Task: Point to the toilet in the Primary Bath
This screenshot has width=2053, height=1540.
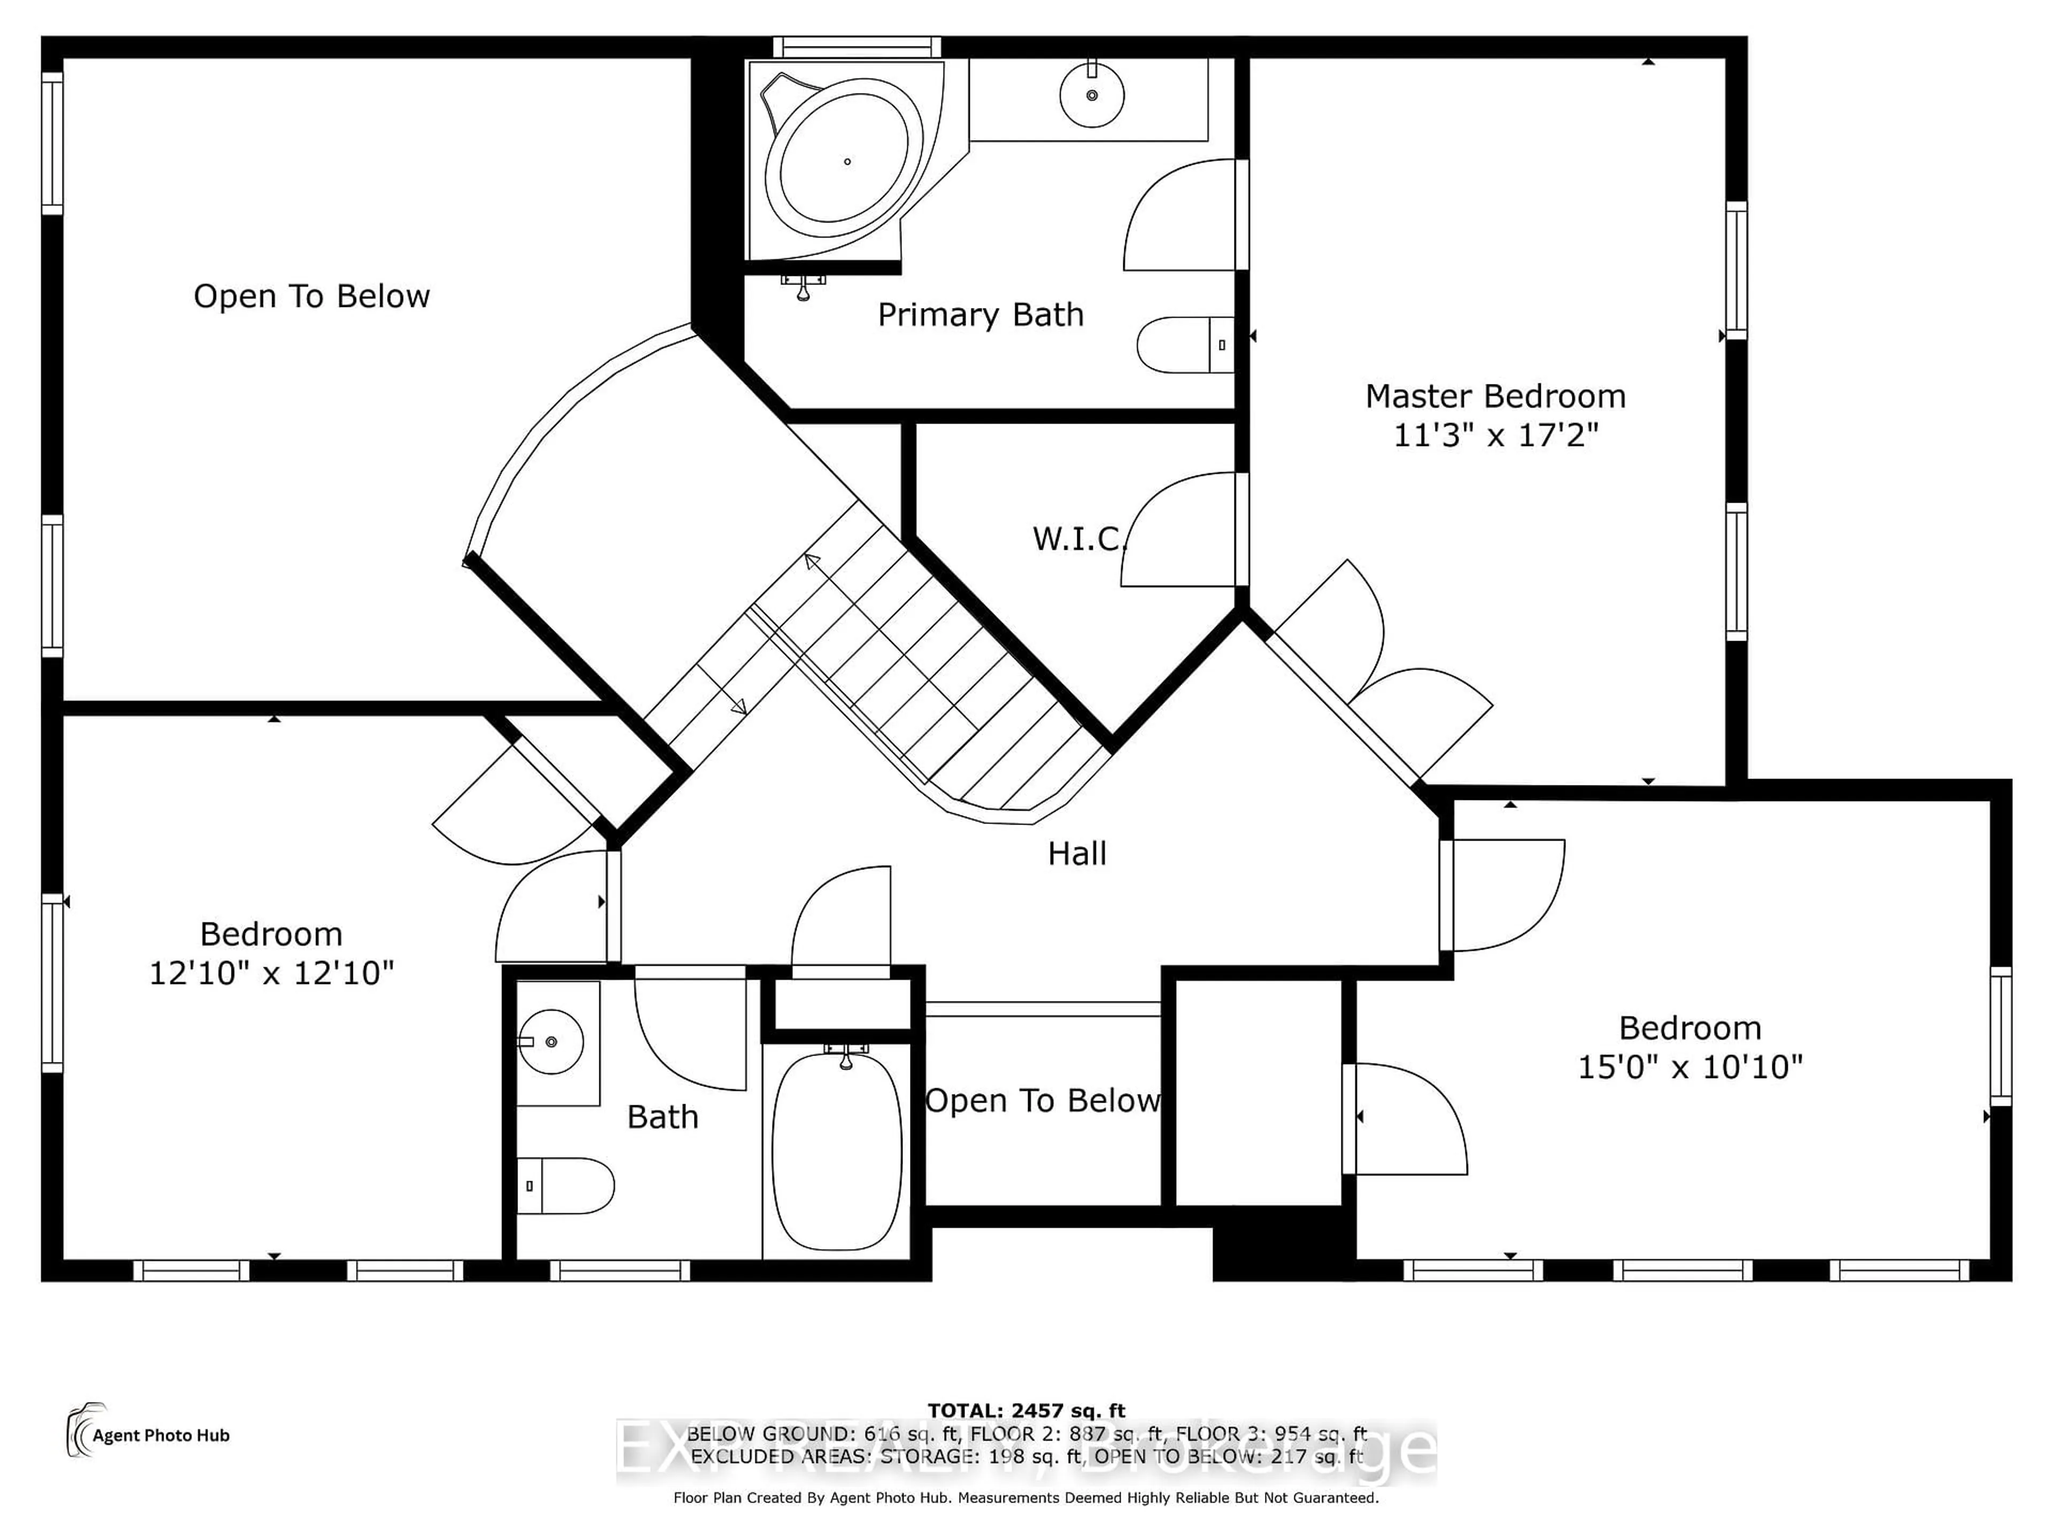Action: (1183, 344)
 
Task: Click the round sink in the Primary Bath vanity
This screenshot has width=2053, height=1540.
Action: (1092, 95)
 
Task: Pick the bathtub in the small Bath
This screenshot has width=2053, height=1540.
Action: (837, 1151)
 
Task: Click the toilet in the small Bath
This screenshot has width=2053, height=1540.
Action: (564, 1185)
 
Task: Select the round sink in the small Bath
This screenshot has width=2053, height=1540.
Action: (551, 1042)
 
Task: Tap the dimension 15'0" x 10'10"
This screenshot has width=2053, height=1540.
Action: (1689, 1067)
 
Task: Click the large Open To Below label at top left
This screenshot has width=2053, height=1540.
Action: (311, 296)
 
